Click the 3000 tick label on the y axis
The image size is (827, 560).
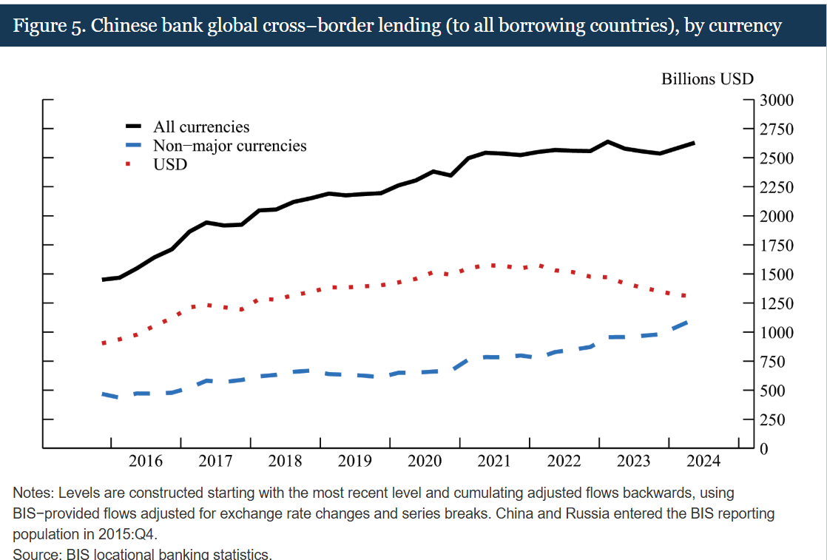click(777, 101)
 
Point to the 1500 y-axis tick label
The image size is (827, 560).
click(777, 274)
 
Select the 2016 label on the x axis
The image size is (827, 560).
click(146, 462)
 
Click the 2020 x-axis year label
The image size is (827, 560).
click(425, 462)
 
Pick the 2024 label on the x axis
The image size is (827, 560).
click(703, 462)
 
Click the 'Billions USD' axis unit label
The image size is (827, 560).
click(707, 79)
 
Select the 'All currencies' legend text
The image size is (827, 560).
click(201, 127)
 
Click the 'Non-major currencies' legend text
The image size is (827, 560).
click(229, 146)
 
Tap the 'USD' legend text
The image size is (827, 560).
click(170, 164)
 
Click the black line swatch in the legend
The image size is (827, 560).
click(134, 127)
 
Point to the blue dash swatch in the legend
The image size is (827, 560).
click(134, 146)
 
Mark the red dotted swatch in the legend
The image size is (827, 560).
click(134, 164)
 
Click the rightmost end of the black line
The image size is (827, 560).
click(693, 143)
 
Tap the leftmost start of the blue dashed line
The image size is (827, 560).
click(104, 394)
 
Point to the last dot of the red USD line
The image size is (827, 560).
click(685, 296)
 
